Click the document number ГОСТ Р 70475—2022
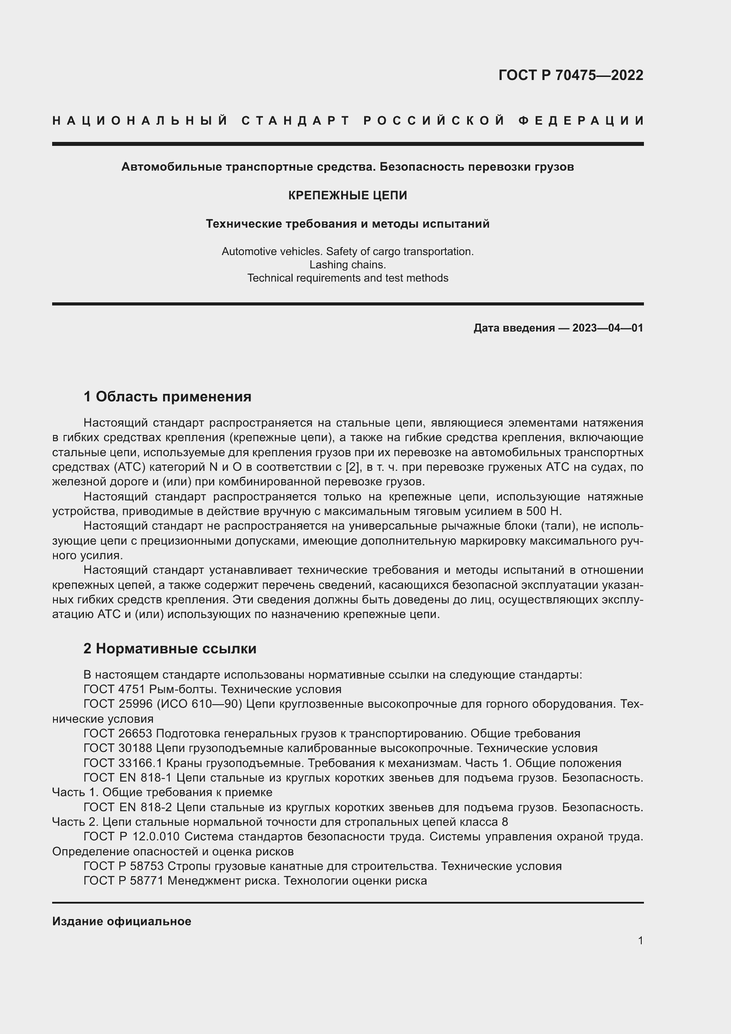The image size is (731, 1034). point(570,75)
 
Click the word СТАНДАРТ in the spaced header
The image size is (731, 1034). point(296,121)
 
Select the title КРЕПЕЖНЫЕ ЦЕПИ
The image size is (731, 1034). point(347,195)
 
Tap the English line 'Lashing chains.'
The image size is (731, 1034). point(347,265)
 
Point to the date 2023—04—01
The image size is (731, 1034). point(607,328)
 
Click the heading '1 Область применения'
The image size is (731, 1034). point(167,397)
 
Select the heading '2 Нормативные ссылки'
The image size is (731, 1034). point(170,649)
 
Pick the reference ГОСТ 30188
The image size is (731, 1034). point(118,748)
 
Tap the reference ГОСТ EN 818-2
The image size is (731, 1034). point(127,807)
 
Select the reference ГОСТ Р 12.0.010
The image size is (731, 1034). point(131,836)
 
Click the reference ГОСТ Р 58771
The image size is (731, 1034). point(124,881)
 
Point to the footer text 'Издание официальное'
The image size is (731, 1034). point(122,921)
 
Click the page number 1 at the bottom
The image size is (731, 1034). point(640,940)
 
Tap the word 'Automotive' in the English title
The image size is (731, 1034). point(248,251)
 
